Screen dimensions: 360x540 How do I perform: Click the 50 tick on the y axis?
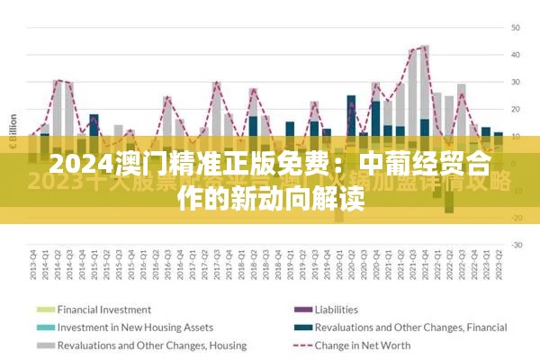(517, 28)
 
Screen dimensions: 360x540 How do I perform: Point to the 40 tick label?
(517, 55)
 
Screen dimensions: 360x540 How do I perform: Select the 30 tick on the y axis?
(517, 82)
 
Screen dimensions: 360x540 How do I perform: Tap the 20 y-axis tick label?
(517, 109)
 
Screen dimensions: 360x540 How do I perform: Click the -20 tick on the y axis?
(517, 218)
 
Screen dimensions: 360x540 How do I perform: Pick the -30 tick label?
(517, 245)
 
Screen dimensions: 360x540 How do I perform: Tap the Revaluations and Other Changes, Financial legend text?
(399, 327)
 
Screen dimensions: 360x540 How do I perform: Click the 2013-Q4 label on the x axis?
(32, 267)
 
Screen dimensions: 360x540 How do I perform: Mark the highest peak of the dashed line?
(423, 47)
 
